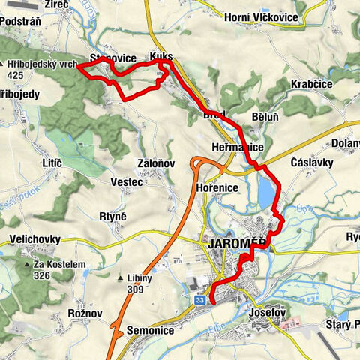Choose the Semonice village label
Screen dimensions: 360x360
tap(150, 330)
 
